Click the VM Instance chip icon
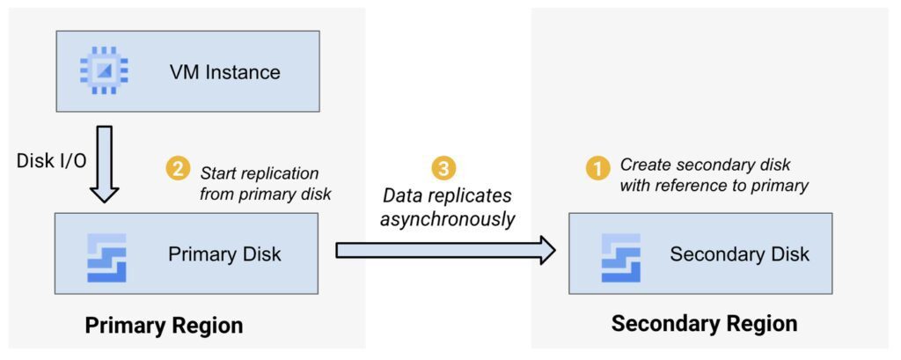[104, 71]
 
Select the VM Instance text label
[224, 72]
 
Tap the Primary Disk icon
[106, 257]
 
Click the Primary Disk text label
[224, 255]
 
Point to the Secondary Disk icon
[620, 257]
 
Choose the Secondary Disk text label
[739, 255]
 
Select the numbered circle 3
[446, 168]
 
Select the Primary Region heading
[164, 326]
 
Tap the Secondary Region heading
[704, 324]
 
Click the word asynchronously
[447, 219]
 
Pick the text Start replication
[260, 173]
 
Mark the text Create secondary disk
[705, 165]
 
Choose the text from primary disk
[265, 194]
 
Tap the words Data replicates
[447, 195]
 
